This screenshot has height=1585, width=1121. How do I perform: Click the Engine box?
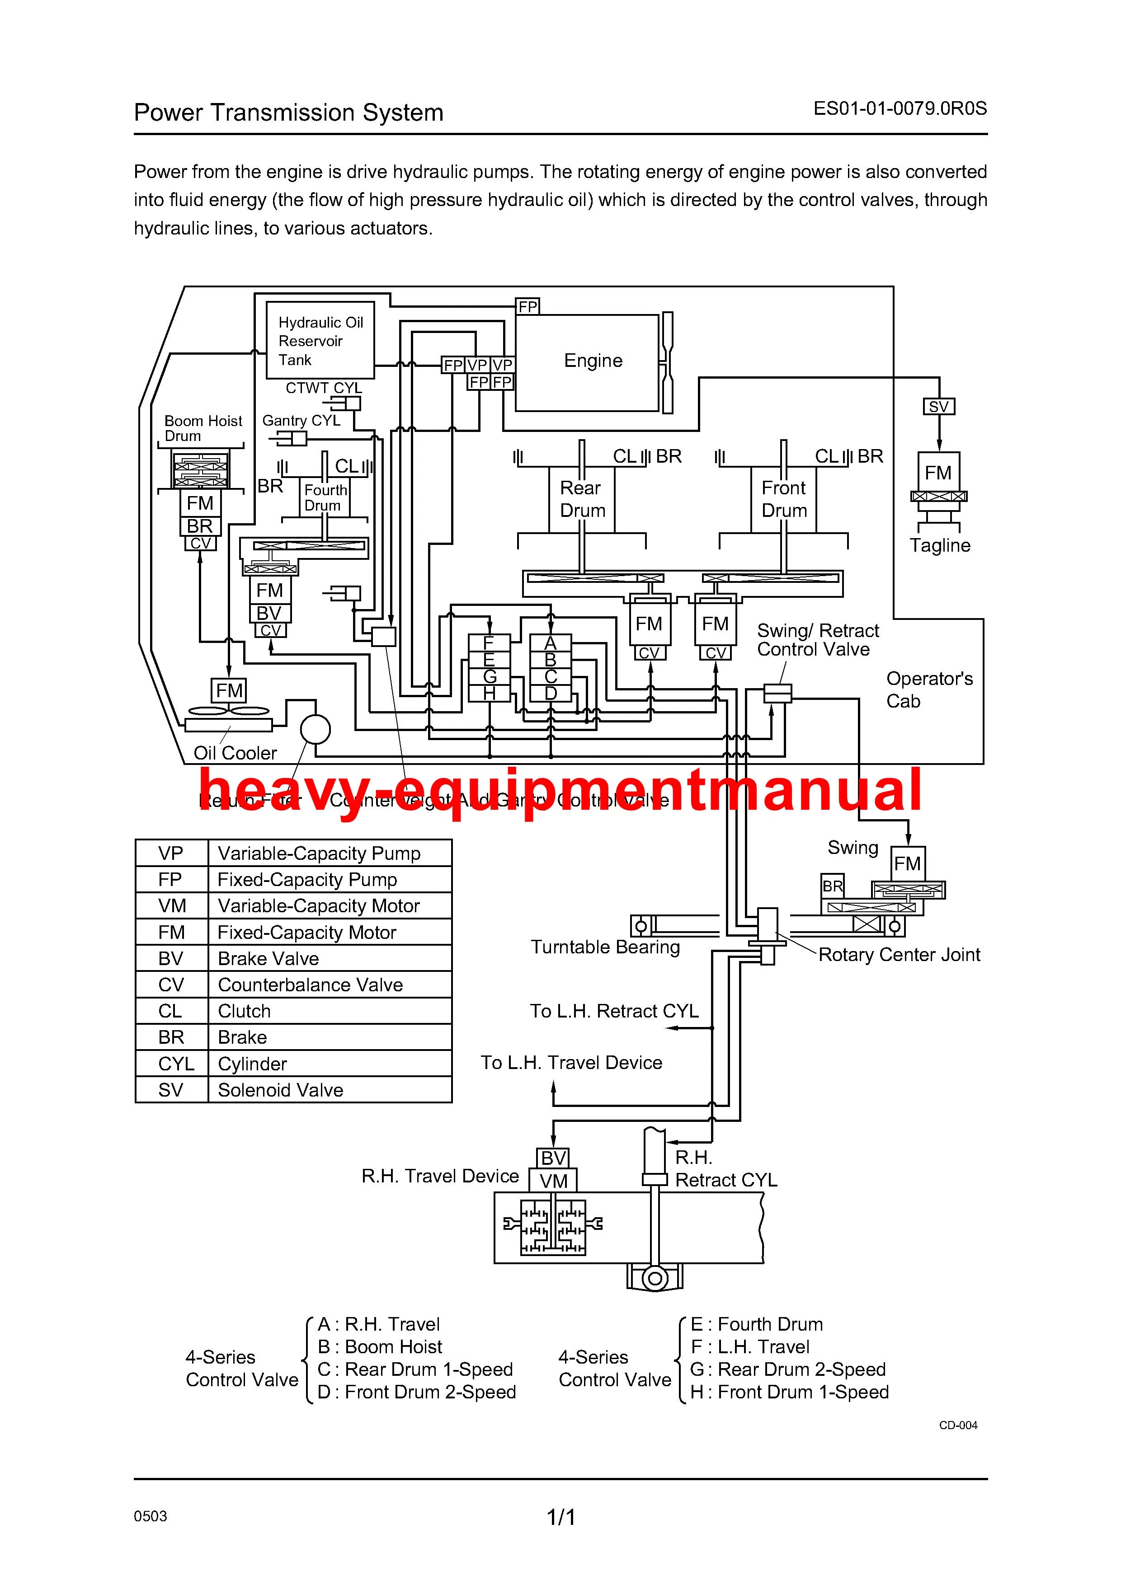click(x=587, y=362)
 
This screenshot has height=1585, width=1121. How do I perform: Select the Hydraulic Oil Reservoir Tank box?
click(x=320, y=340)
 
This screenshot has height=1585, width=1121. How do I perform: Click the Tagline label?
click(x=939, y=545)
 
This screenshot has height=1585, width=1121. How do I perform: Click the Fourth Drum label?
click(x=325, y=497)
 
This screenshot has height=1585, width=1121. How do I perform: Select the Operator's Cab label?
click(x=929, y=689)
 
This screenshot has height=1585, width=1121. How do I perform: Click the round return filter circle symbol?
click(x=316, y=729)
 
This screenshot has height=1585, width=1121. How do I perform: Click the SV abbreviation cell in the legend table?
click(x=170, y=1090)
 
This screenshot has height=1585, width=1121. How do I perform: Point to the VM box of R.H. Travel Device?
click(x=553, y=1181)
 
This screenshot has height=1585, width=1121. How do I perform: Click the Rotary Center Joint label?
click(x=899, y=955)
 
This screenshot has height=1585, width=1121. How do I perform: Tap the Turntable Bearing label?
click(x=605, y=947)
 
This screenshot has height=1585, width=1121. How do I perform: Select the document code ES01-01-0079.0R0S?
click(x=900, y=108)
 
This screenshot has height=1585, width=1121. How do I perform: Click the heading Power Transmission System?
click(x=289, y=113)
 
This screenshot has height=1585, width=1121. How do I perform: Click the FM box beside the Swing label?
click(x=907, y=863)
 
